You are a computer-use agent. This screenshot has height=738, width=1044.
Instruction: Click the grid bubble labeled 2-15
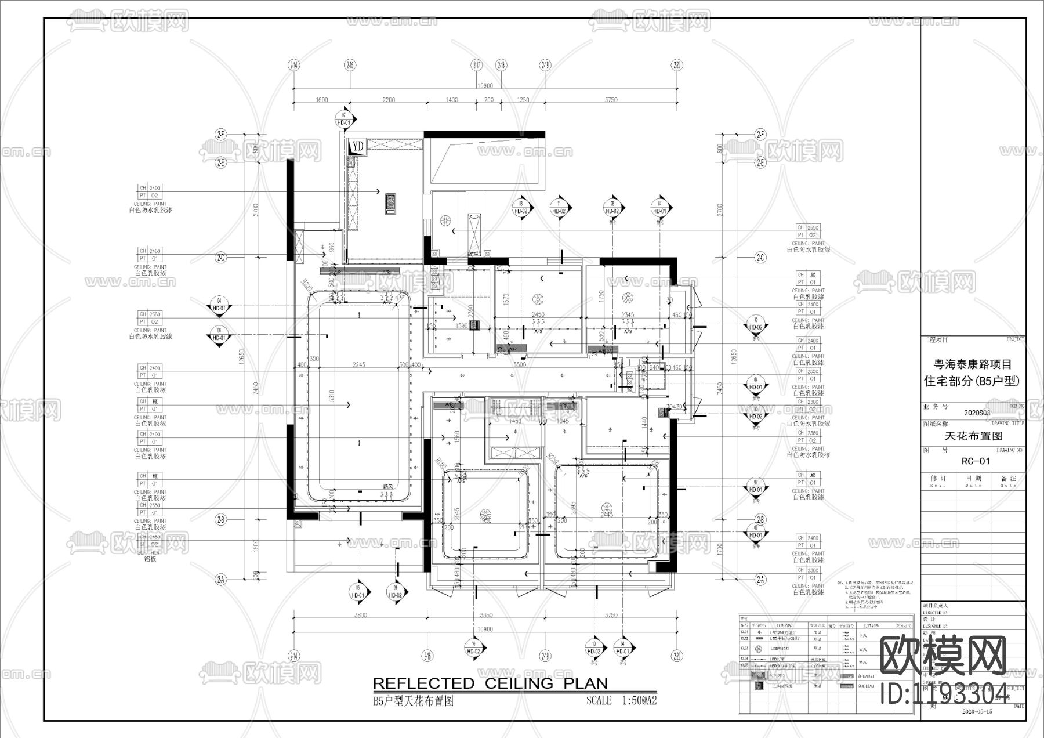pos(349,65)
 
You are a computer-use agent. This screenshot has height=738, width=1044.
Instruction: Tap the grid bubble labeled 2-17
pos(477,65)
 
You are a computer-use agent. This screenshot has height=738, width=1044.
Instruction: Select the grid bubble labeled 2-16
pos(427,656)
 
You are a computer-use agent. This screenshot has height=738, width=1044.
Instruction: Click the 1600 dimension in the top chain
pos(322,100)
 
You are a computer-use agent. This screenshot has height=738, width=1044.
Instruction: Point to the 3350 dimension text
pos(486,615)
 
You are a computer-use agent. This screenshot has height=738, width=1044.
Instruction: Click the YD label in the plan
pos(357,147)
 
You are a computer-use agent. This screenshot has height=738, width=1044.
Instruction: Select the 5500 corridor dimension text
pos(519,365)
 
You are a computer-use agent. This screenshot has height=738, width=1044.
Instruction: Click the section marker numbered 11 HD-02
pos(559,208)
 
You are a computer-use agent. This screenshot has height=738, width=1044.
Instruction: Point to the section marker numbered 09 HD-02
pos(395,591)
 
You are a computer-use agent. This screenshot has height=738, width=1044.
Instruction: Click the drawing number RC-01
pos(976,461)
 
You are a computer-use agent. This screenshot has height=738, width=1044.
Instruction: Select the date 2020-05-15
pos(977,711)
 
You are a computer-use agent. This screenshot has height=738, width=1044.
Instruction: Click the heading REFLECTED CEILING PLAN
pos(490,683)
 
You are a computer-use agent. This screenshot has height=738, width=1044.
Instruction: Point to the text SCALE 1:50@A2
pos(621,700)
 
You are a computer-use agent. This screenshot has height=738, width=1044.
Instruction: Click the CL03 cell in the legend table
pos(744,648)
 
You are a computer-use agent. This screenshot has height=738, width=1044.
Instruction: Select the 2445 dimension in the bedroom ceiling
pos(606,515)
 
